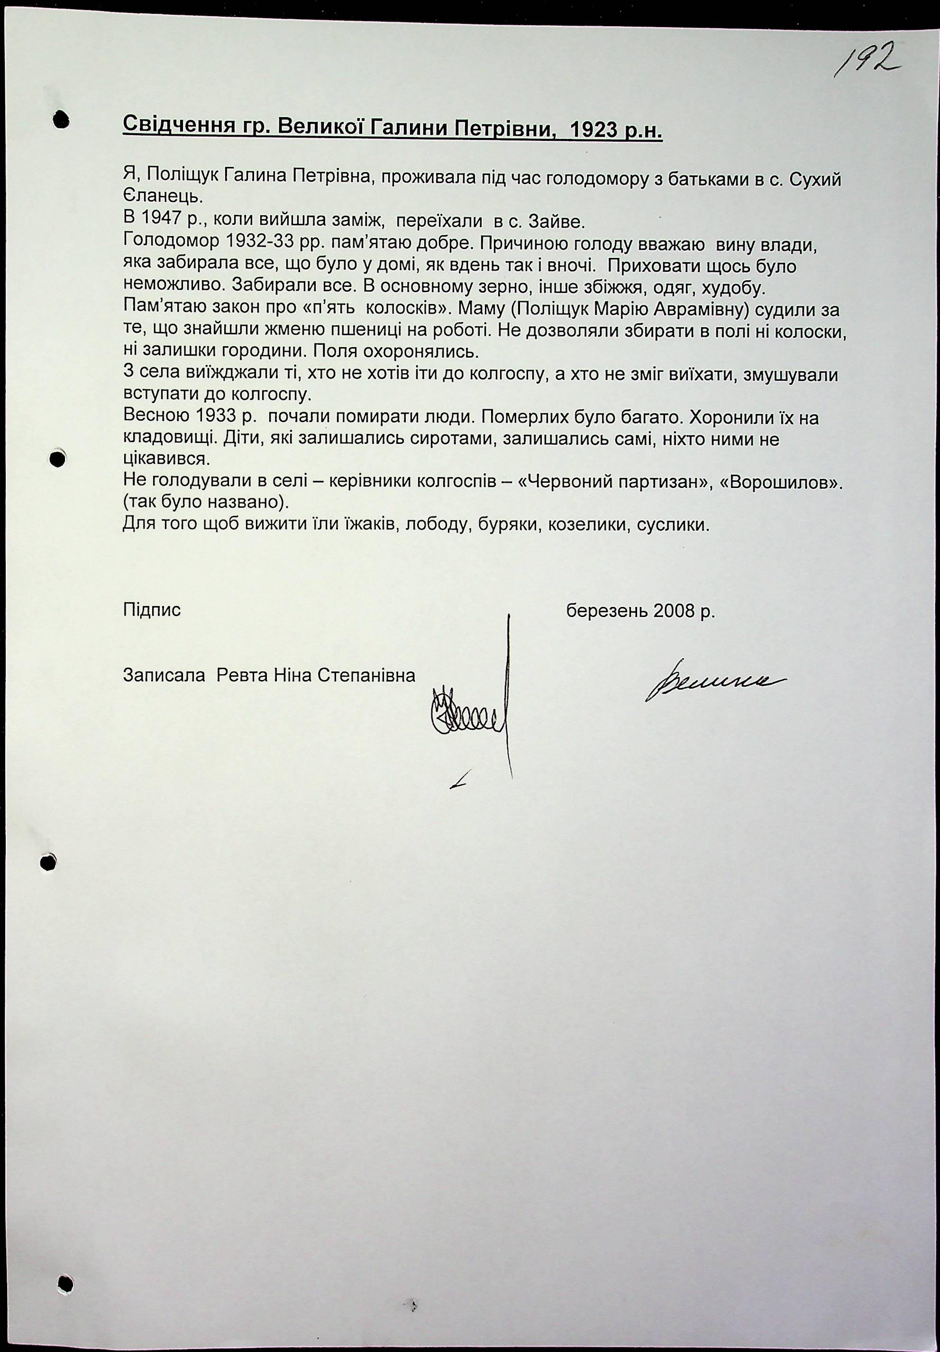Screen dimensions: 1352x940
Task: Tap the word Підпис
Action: pyautogui.click(x=152, y=610)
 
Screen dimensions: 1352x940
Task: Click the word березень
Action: pyautogui.click(x=606, y=611)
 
